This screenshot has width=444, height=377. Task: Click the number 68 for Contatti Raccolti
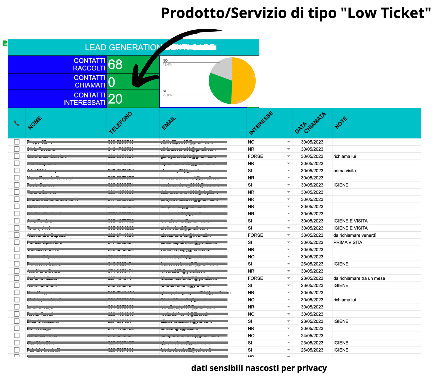point(115,64)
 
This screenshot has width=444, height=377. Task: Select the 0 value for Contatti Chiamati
point(112,82)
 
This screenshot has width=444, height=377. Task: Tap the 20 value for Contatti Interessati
point(115,99)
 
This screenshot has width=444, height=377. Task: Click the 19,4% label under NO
point(167,64)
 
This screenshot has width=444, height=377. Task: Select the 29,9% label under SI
point(167,95)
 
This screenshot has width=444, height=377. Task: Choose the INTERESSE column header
point(261,123)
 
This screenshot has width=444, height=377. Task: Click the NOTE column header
point(341,123)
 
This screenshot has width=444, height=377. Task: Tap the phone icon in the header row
point(17,123)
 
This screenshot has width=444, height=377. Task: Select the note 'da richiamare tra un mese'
point(359,278)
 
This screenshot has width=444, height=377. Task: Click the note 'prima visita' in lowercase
point(345,171)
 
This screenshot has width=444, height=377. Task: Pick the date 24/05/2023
point(312,336)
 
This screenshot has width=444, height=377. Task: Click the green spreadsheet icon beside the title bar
point(5,43)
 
